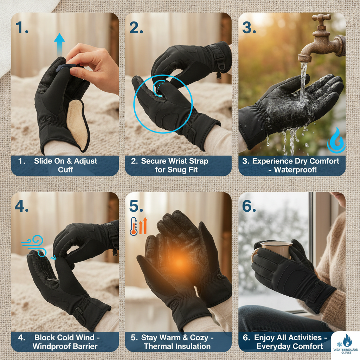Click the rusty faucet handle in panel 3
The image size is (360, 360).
pyautogui.click(x=321, y=18)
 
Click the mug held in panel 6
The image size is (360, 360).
pyautogui.click(x=276, y=250)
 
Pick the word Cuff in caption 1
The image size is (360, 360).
pyautogui.click(x=65, y=170)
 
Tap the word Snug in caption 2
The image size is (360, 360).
pyautogui.click(x=178, y=170)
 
